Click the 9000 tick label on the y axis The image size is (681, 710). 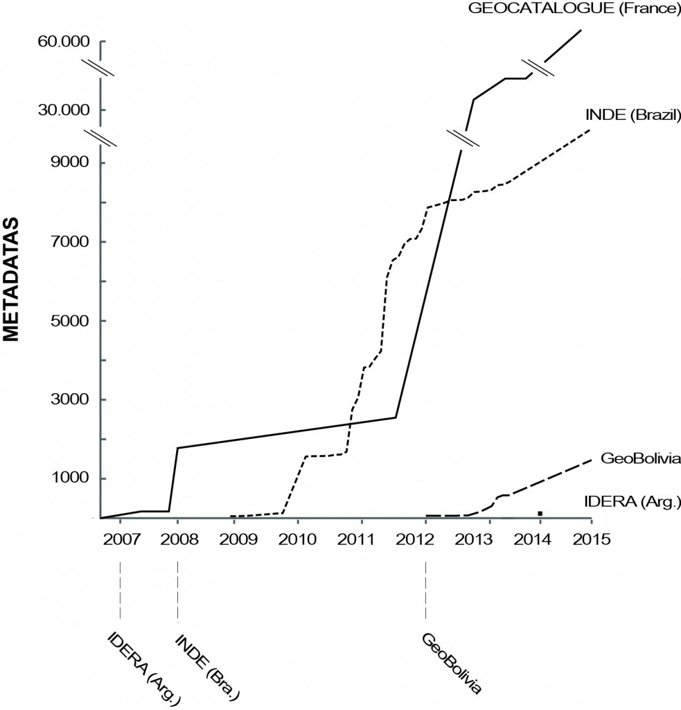pos(73,163)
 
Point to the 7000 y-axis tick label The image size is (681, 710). pos(73,242)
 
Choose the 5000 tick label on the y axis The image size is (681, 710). pos(73,321)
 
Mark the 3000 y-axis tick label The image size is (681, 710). pos(73,400)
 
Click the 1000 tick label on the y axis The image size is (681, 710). pos(73,478)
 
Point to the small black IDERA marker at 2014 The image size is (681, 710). pos(539,513)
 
